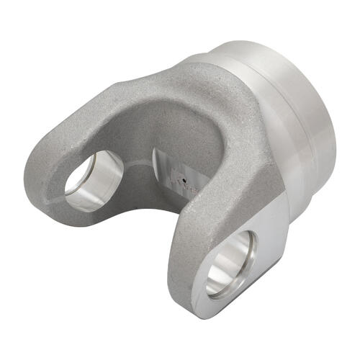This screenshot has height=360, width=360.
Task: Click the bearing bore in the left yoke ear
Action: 94,180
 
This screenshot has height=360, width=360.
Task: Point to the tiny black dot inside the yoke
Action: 185,181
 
